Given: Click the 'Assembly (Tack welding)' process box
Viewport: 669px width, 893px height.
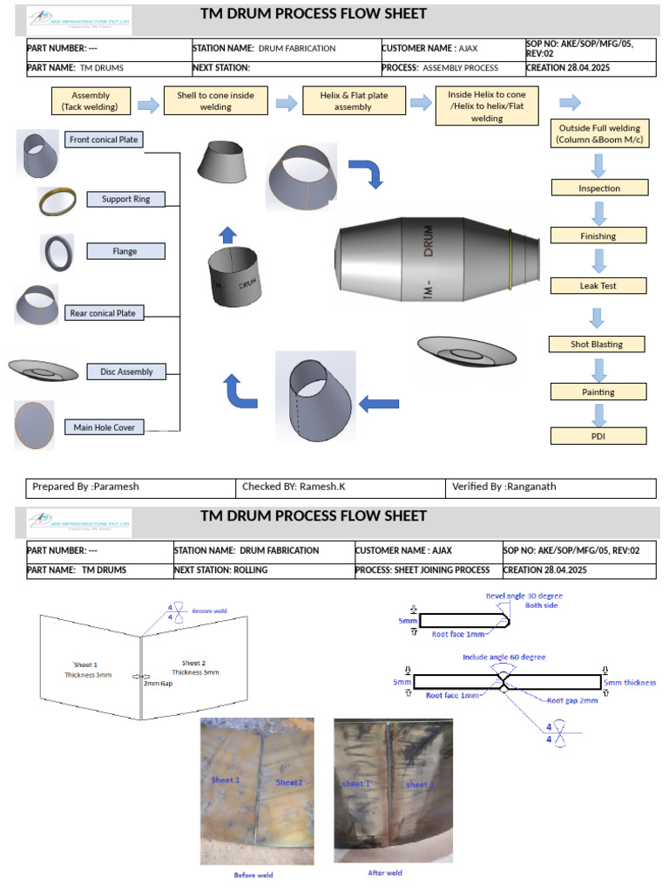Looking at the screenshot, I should pyautogui.click(x=91, y=100).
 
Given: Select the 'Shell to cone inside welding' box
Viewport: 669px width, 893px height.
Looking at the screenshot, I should pyautogui.click(x=216, y=101).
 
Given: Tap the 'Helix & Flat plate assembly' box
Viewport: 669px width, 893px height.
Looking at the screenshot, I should pyautogui.click(x=353, y=100).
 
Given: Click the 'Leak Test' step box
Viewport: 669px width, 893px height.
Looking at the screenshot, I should pyautogui.click(x=599, y=285).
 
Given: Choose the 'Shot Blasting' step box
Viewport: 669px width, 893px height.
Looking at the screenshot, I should pyautogui.click(x=597, y=344).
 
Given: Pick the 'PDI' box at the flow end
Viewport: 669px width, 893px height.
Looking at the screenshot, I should pyautogui.click(x=598, y=435).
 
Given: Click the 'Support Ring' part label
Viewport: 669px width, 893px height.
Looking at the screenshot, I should pyautogui.click(x=125, y=199).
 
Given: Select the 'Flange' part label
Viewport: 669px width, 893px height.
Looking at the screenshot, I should pyautogui.click(x=125, y=251).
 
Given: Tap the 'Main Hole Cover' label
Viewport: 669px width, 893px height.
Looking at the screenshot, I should pyautogui.click(x=105, y=427).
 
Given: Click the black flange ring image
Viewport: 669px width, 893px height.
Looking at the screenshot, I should pyautogui.click(x=57, y=253).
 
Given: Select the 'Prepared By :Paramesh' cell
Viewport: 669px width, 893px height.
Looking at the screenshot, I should pyautogui.click(x=131, y=487).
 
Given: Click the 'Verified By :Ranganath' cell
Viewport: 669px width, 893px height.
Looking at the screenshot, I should pyautogui.click(x=551, y=487).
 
